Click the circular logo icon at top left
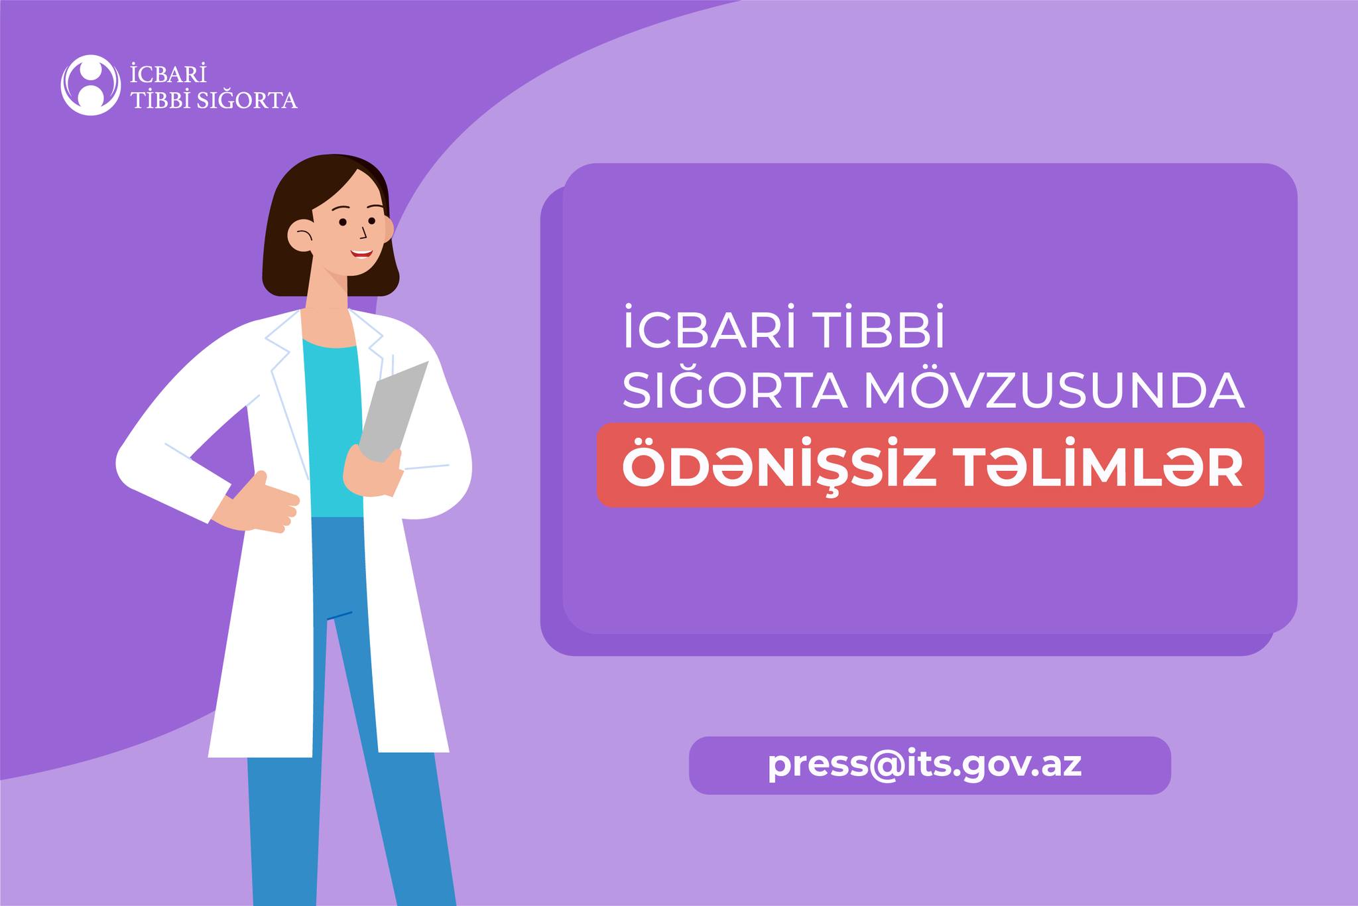pos(91,85)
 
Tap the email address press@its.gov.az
pos(925,765)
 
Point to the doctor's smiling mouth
pos(361,253)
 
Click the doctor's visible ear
pos(301,233)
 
